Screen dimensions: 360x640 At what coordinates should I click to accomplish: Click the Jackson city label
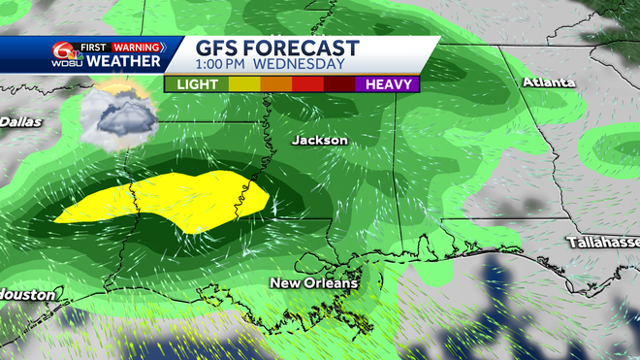(319, 141)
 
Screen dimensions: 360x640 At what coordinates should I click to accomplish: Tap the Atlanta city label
(550, 82)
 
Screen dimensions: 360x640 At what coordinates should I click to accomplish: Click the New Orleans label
(313, 283)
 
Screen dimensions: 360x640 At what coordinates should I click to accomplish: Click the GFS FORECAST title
(277, 49)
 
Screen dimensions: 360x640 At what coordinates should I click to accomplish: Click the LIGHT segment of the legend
(197, 84)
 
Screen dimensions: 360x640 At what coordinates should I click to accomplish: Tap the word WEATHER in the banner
(124, 61)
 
